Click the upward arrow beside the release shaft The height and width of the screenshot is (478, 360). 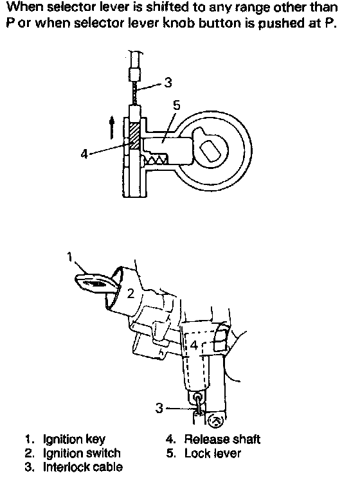(x=112, y=127)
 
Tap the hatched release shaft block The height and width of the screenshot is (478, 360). (x=134, y=136)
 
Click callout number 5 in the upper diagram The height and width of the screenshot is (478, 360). (x=177, y=105)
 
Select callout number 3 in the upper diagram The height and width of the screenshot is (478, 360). (x=168, y=82)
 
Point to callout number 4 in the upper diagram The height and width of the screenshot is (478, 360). (x=84, y=154)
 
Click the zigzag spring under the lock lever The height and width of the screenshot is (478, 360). (x=154, y=158)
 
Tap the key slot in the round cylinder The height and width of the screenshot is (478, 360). (x=211, y=150)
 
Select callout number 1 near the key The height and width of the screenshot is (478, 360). (x=70, y=257)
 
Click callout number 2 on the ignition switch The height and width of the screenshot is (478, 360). (x=130, y=294)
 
